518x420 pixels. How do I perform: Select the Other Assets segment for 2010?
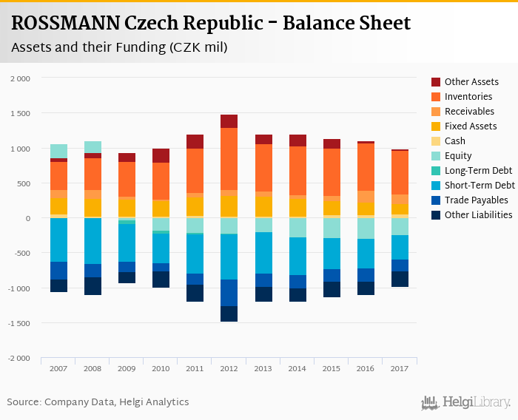coord(161,155)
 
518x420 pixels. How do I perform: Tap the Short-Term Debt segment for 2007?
coord(58,240)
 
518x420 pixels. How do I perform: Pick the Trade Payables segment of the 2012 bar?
coord(229,293)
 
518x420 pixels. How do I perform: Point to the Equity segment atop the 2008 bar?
coord(92,147)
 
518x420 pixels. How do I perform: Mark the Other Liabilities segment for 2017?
coord(400,279)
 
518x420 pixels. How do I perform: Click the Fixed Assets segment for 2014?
coord(297,208)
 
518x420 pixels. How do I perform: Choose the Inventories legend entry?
coord(468,97)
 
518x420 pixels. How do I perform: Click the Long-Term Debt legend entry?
coord(477,171)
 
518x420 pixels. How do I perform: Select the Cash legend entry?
coord(456,141)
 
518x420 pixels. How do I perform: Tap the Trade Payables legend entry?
coord(476,200)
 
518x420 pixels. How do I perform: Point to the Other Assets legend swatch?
coord(436,82)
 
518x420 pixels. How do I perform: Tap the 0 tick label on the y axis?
coord(28,218)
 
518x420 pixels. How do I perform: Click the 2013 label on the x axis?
coord(263,368)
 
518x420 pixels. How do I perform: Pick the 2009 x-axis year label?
coord(127,368)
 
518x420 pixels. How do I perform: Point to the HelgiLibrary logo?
coord(465,402)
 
